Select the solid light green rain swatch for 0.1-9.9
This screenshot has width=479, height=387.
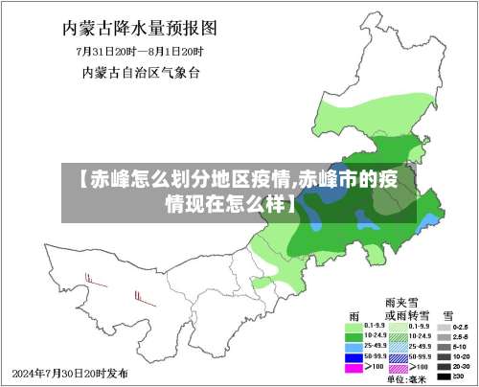[x=354, y=328]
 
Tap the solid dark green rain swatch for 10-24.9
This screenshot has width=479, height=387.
[x=354, y=337]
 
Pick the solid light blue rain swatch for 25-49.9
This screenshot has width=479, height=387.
[x=354, y=347]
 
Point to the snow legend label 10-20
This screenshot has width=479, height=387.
[x=461, y=356]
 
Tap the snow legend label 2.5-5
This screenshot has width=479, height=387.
[x=461, y=337]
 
